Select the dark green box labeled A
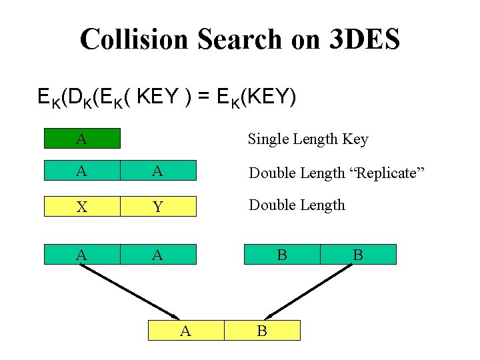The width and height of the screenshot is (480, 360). coord(82,139)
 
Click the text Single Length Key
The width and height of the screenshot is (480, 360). coord(307,139)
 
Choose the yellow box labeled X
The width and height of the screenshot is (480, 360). coord(82,207)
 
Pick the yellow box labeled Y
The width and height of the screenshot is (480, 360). coord(159,207)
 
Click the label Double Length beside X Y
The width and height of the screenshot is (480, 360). coord(297,205)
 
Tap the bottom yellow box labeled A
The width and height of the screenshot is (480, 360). coord(186,330)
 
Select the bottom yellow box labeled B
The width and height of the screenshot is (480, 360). coord(263,330)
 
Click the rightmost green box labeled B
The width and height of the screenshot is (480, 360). coord(358,254)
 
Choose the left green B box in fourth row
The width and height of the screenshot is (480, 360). coord(282,254)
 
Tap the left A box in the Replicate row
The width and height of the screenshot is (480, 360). coord(82,171)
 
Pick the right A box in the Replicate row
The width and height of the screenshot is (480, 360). coord(159,171)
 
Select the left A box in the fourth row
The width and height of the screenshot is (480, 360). coord(82,254)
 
